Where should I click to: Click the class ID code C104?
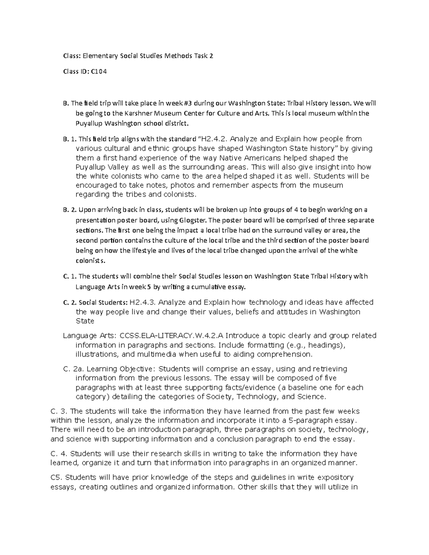[x=99, y=71]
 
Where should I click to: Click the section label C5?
[x=57, y=477]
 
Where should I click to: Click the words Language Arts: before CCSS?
[x=90, y=336]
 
